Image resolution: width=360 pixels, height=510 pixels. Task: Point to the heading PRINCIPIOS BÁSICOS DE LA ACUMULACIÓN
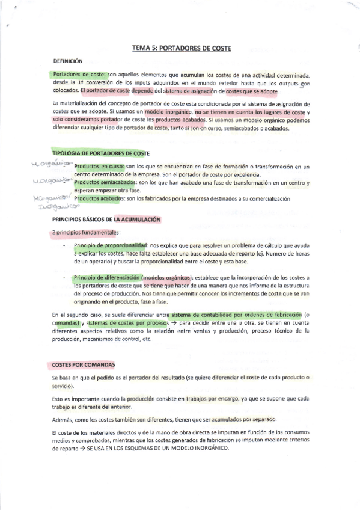pyautogui.click(x=107, y=220)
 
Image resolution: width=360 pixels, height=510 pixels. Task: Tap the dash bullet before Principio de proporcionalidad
pyautogui.click(x=64, y=246)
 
